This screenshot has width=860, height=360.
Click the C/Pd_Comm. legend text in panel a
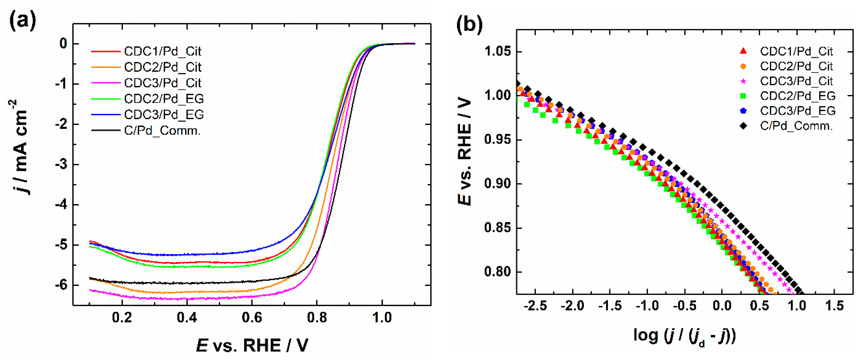pos(162,130)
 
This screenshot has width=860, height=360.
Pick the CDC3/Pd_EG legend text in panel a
pos(164,115)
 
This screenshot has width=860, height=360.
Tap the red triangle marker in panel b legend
pos(743,51)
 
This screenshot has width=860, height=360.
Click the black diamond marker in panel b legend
pos(743,126)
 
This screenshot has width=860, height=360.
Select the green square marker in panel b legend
pos(743,96)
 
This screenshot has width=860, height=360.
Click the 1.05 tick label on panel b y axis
pos(497,52)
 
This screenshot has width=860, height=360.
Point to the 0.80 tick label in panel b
pos(497,272)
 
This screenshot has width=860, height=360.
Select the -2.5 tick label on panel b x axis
pos(535,306)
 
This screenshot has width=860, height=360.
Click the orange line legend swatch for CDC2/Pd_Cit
pos(106,67)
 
